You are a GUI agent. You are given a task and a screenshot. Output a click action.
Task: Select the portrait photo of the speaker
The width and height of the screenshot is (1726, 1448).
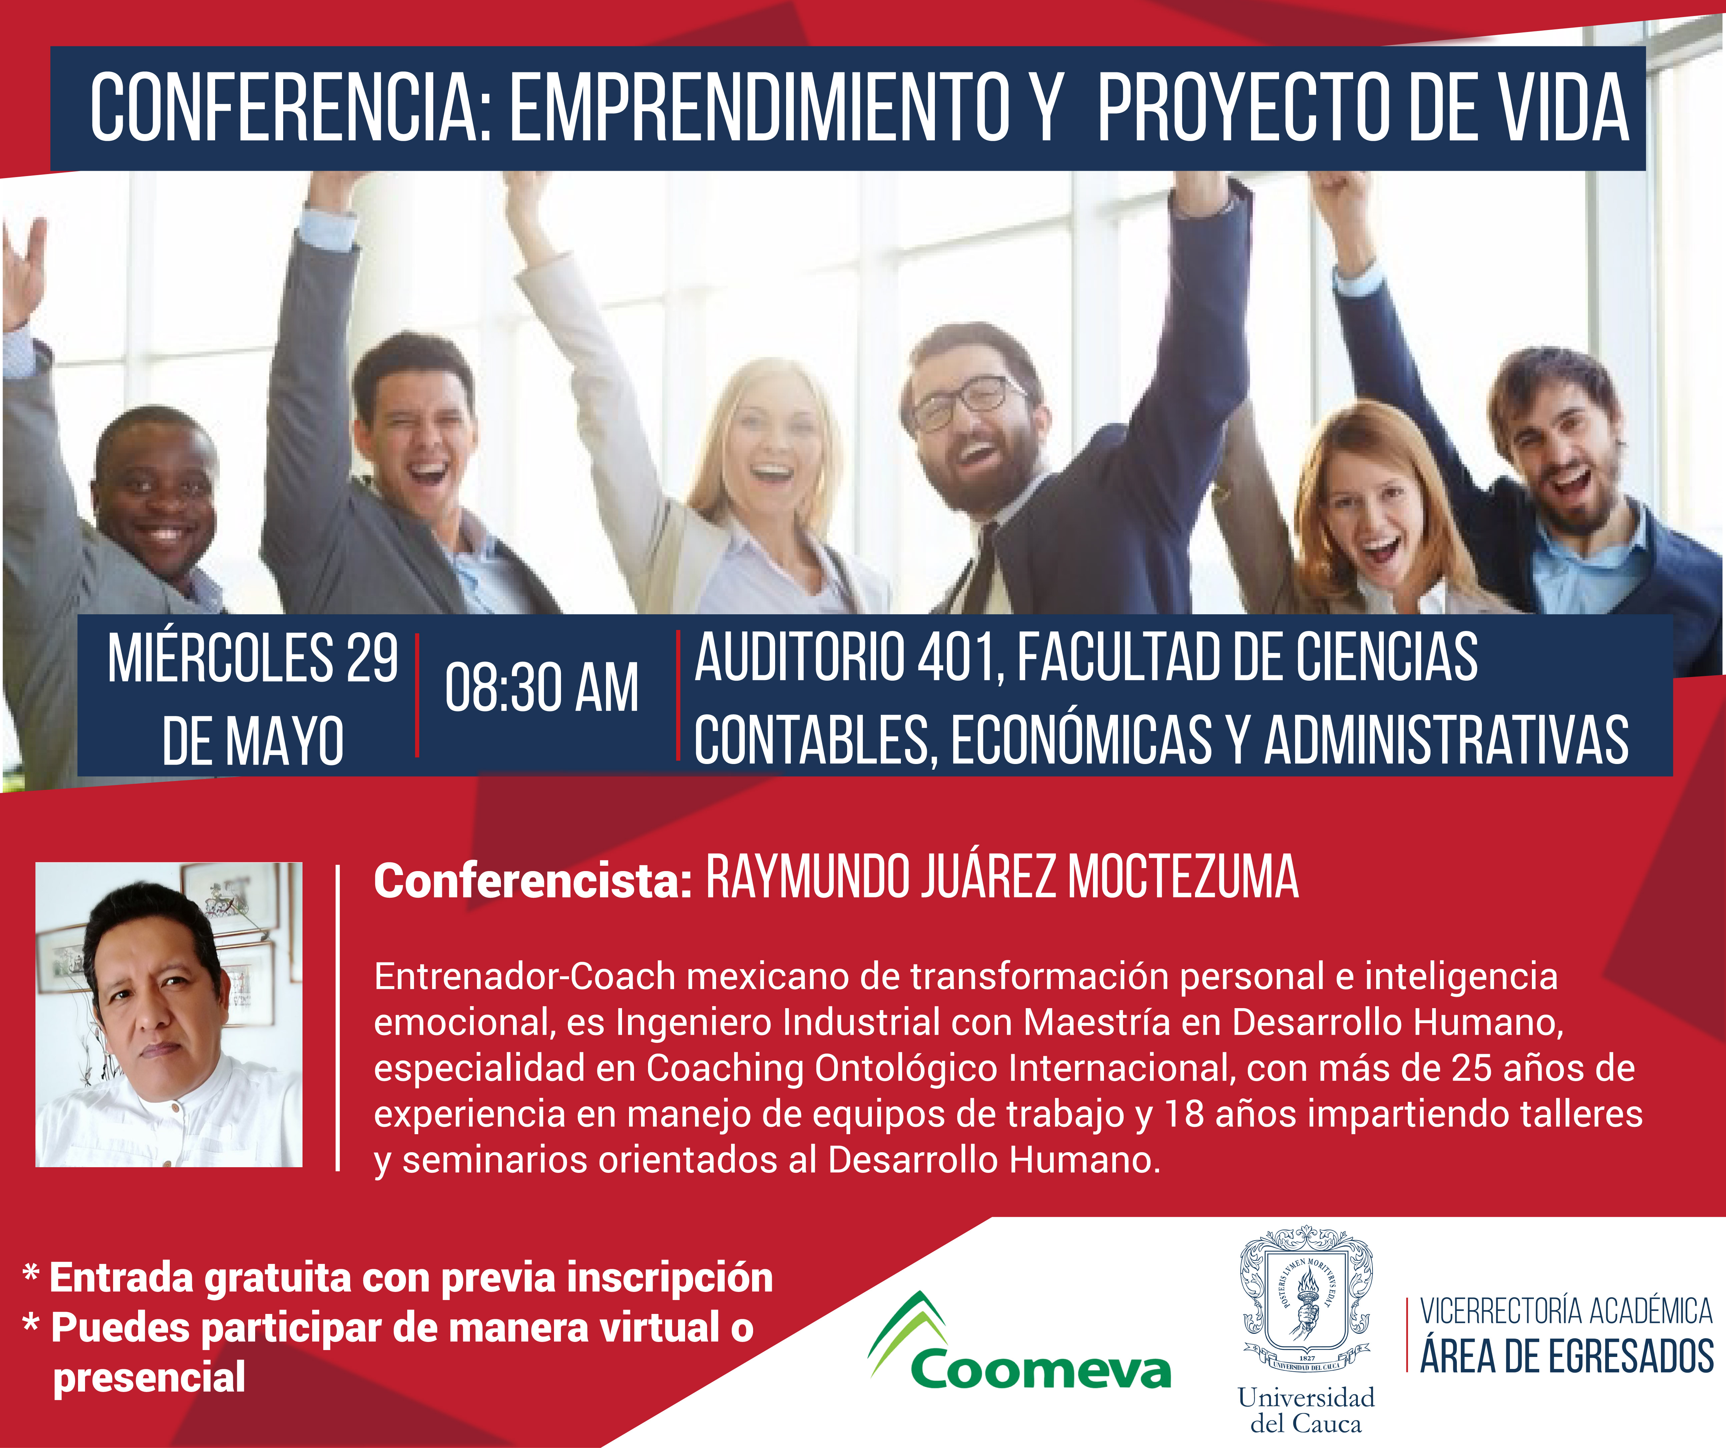click(x=168, y=1014)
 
